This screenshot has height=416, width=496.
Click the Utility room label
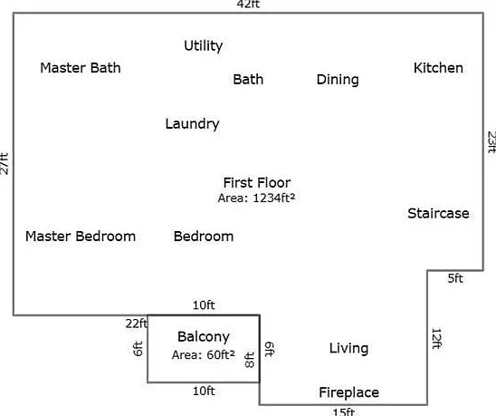[x=204, y=46]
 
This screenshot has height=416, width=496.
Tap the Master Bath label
[x=81, y=68]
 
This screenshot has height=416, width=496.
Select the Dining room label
[x=338, y=80]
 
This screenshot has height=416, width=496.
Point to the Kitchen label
[x=438, y=68]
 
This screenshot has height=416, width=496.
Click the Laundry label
[x=192, y=124]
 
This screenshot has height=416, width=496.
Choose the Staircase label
[x=438, y=213]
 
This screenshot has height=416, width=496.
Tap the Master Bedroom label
[x=81, y=237]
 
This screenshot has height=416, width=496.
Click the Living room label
[x=348, y=349]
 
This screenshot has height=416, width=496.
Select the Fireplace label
[x=348, y=392]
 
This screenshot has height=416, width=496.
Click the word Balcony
[x=204, y=337]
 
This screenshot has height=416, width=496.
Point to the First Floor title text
[x=257, y=182]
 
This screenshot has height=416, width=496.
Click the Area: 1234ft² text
[x=256, y=198]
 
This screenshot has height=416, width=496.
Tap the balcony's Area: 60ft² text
[x=204, y=355]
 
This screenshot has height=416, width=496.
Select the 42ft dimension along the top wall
[x=248, y=5]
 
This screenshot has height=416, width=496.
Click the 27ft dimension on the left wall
[x=5, y=163]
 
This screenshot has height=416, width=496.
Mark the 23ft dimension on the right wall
[x=491, y=142]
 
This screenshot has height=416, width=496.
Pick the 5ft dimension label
[x=455, y=278]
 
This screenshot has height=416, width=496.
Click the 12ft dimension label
[x=436, y=338]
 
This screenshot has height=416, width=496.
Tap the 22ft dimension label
[x=137, y=324]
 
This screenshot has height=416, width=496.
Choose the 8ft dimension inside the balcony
[x=250, y=360]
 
